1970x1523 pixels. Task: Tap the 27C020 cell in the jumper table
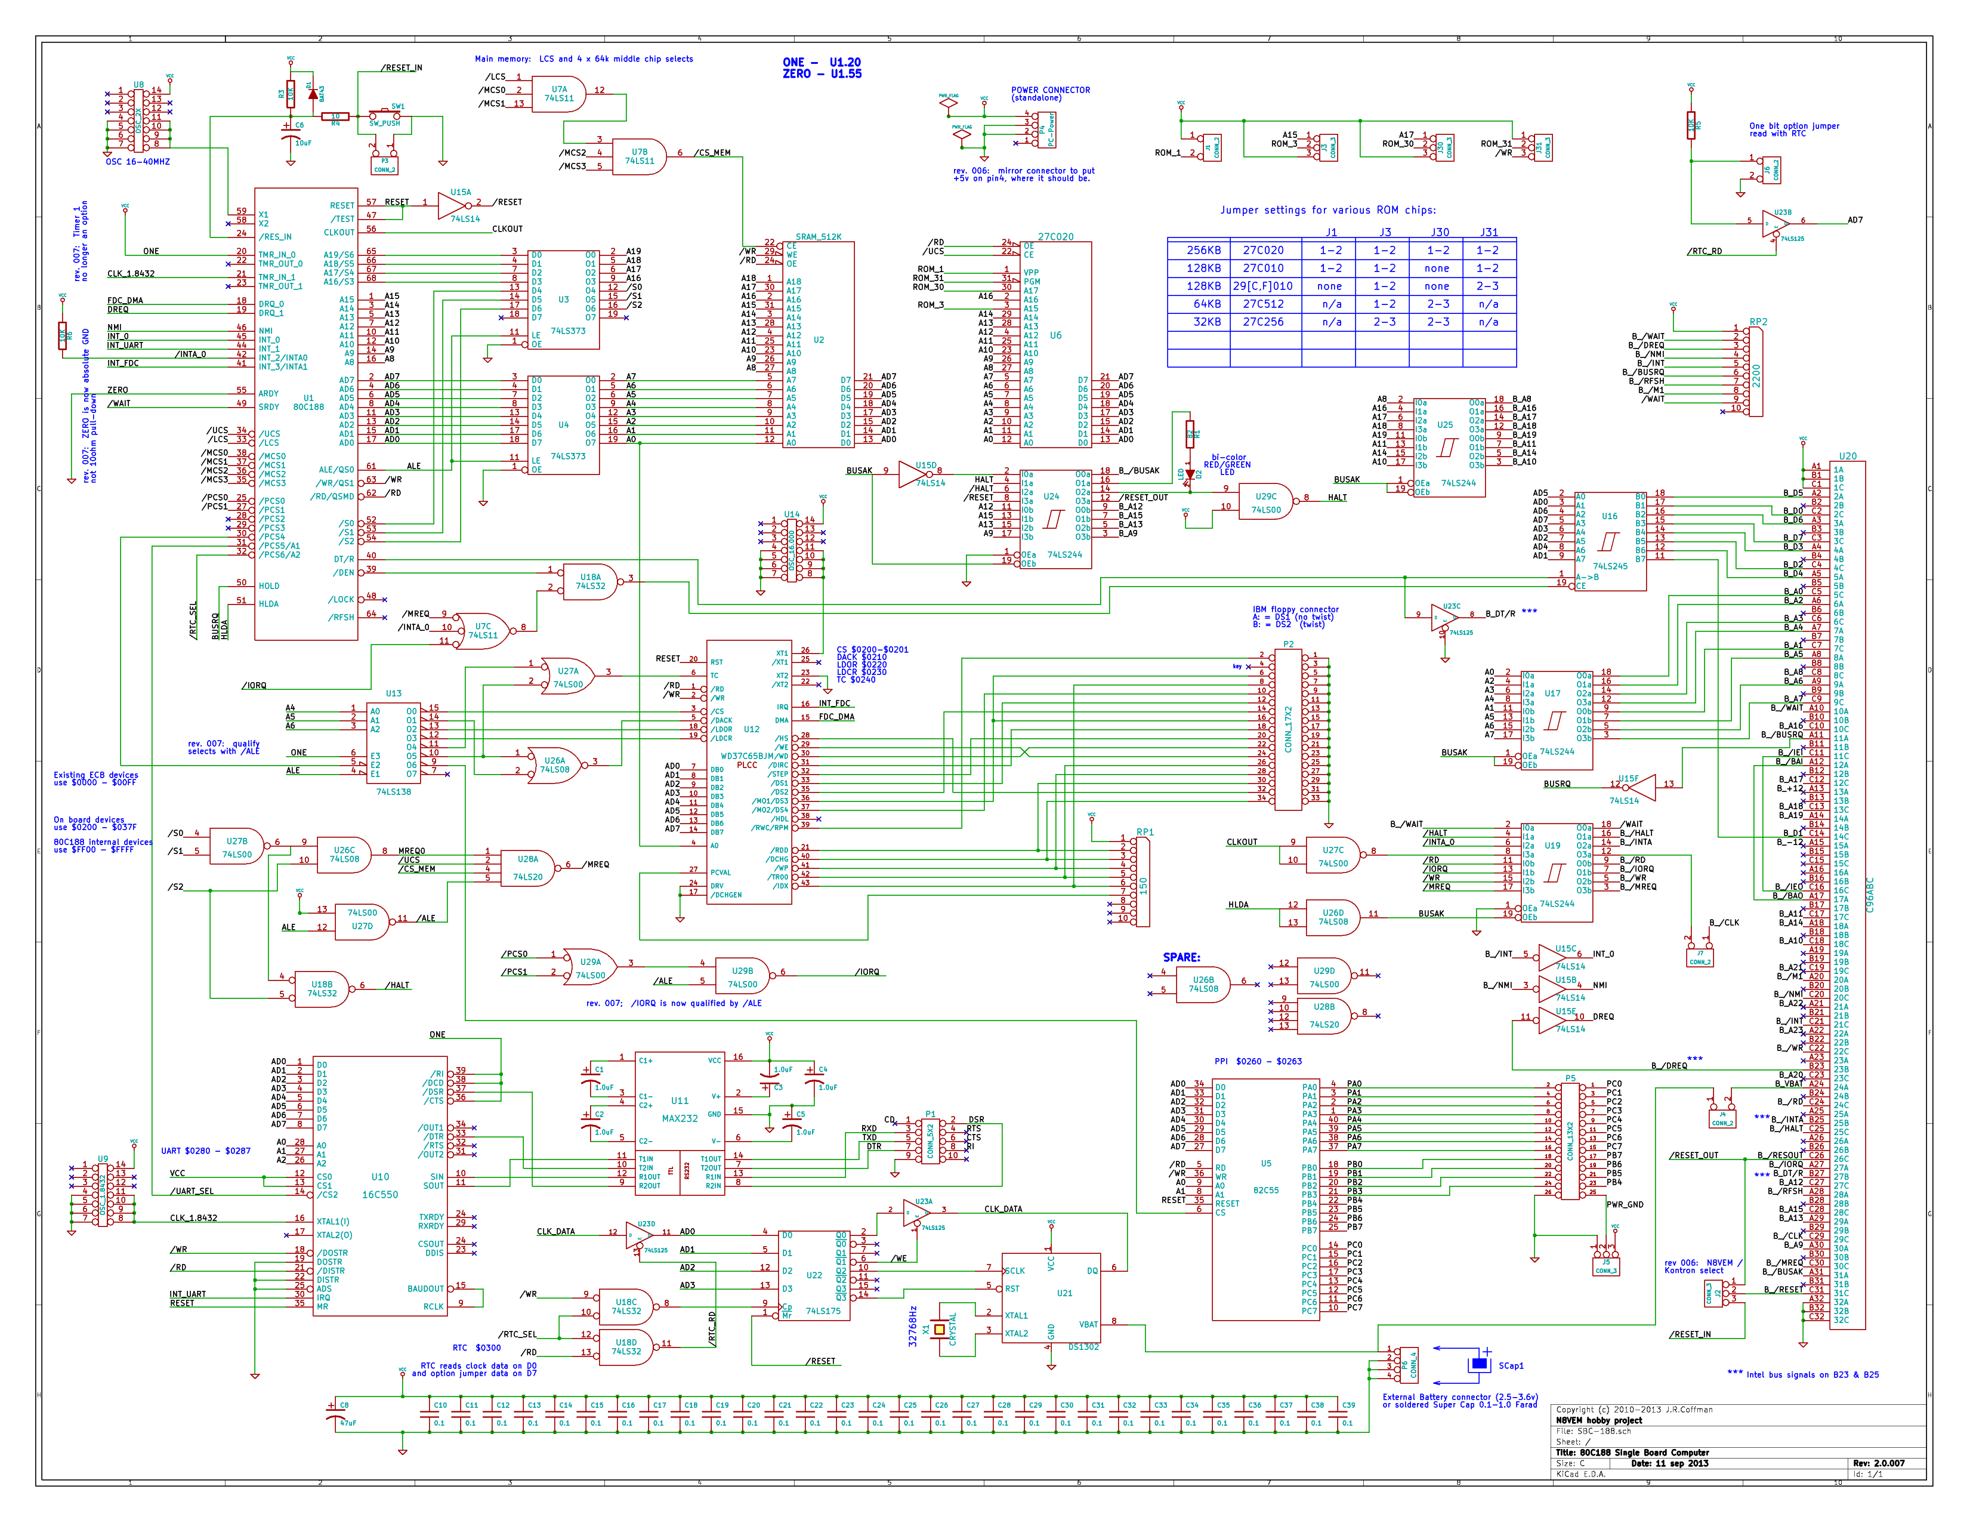pos(1263,250)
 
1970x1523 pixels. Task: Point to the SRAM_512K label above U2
pos(818,236)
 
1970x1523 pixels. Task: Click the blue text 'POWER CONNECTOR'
pos(1050,90)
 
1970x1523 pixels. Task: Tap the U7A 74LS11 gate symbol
pos(561,94)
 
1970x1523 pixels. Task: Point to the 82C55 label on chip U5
pos(1265,1190)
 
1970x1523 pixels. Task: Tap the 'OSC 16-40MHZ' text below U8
pos(137,162)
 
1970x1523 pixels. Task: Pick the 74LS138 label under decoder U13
pos(393,791)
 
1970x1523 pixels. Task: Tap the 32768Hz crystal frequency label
pos(913,1325)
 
